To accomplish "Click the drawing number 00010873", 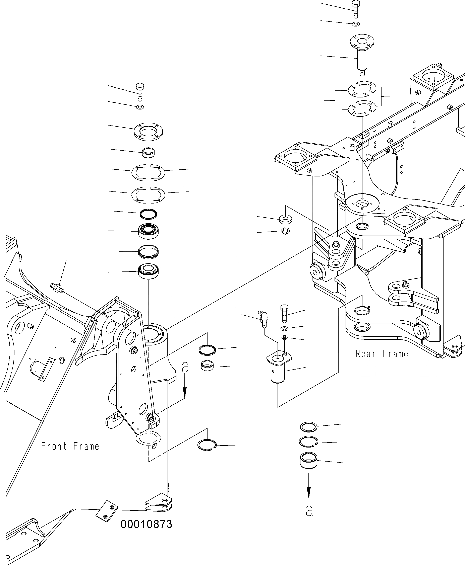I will [146, 524].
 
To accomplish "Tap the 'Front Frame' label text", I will [70, 447].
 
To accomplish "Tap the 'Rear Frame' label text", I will [382, 354].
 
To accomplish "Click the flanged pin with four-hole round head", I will [362, 54].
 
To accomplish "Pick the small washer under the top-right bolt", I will [356, 24].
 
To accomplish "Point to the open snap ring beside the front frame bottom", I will [207, 445].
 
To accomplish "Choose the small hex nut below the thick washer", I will [286, 231].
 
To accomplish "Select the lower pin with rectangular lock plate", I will [279, 368].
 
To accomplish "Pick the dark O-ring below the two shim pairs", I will [148, 214].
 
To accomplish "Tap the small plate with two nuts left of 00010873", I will [107, 511].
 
